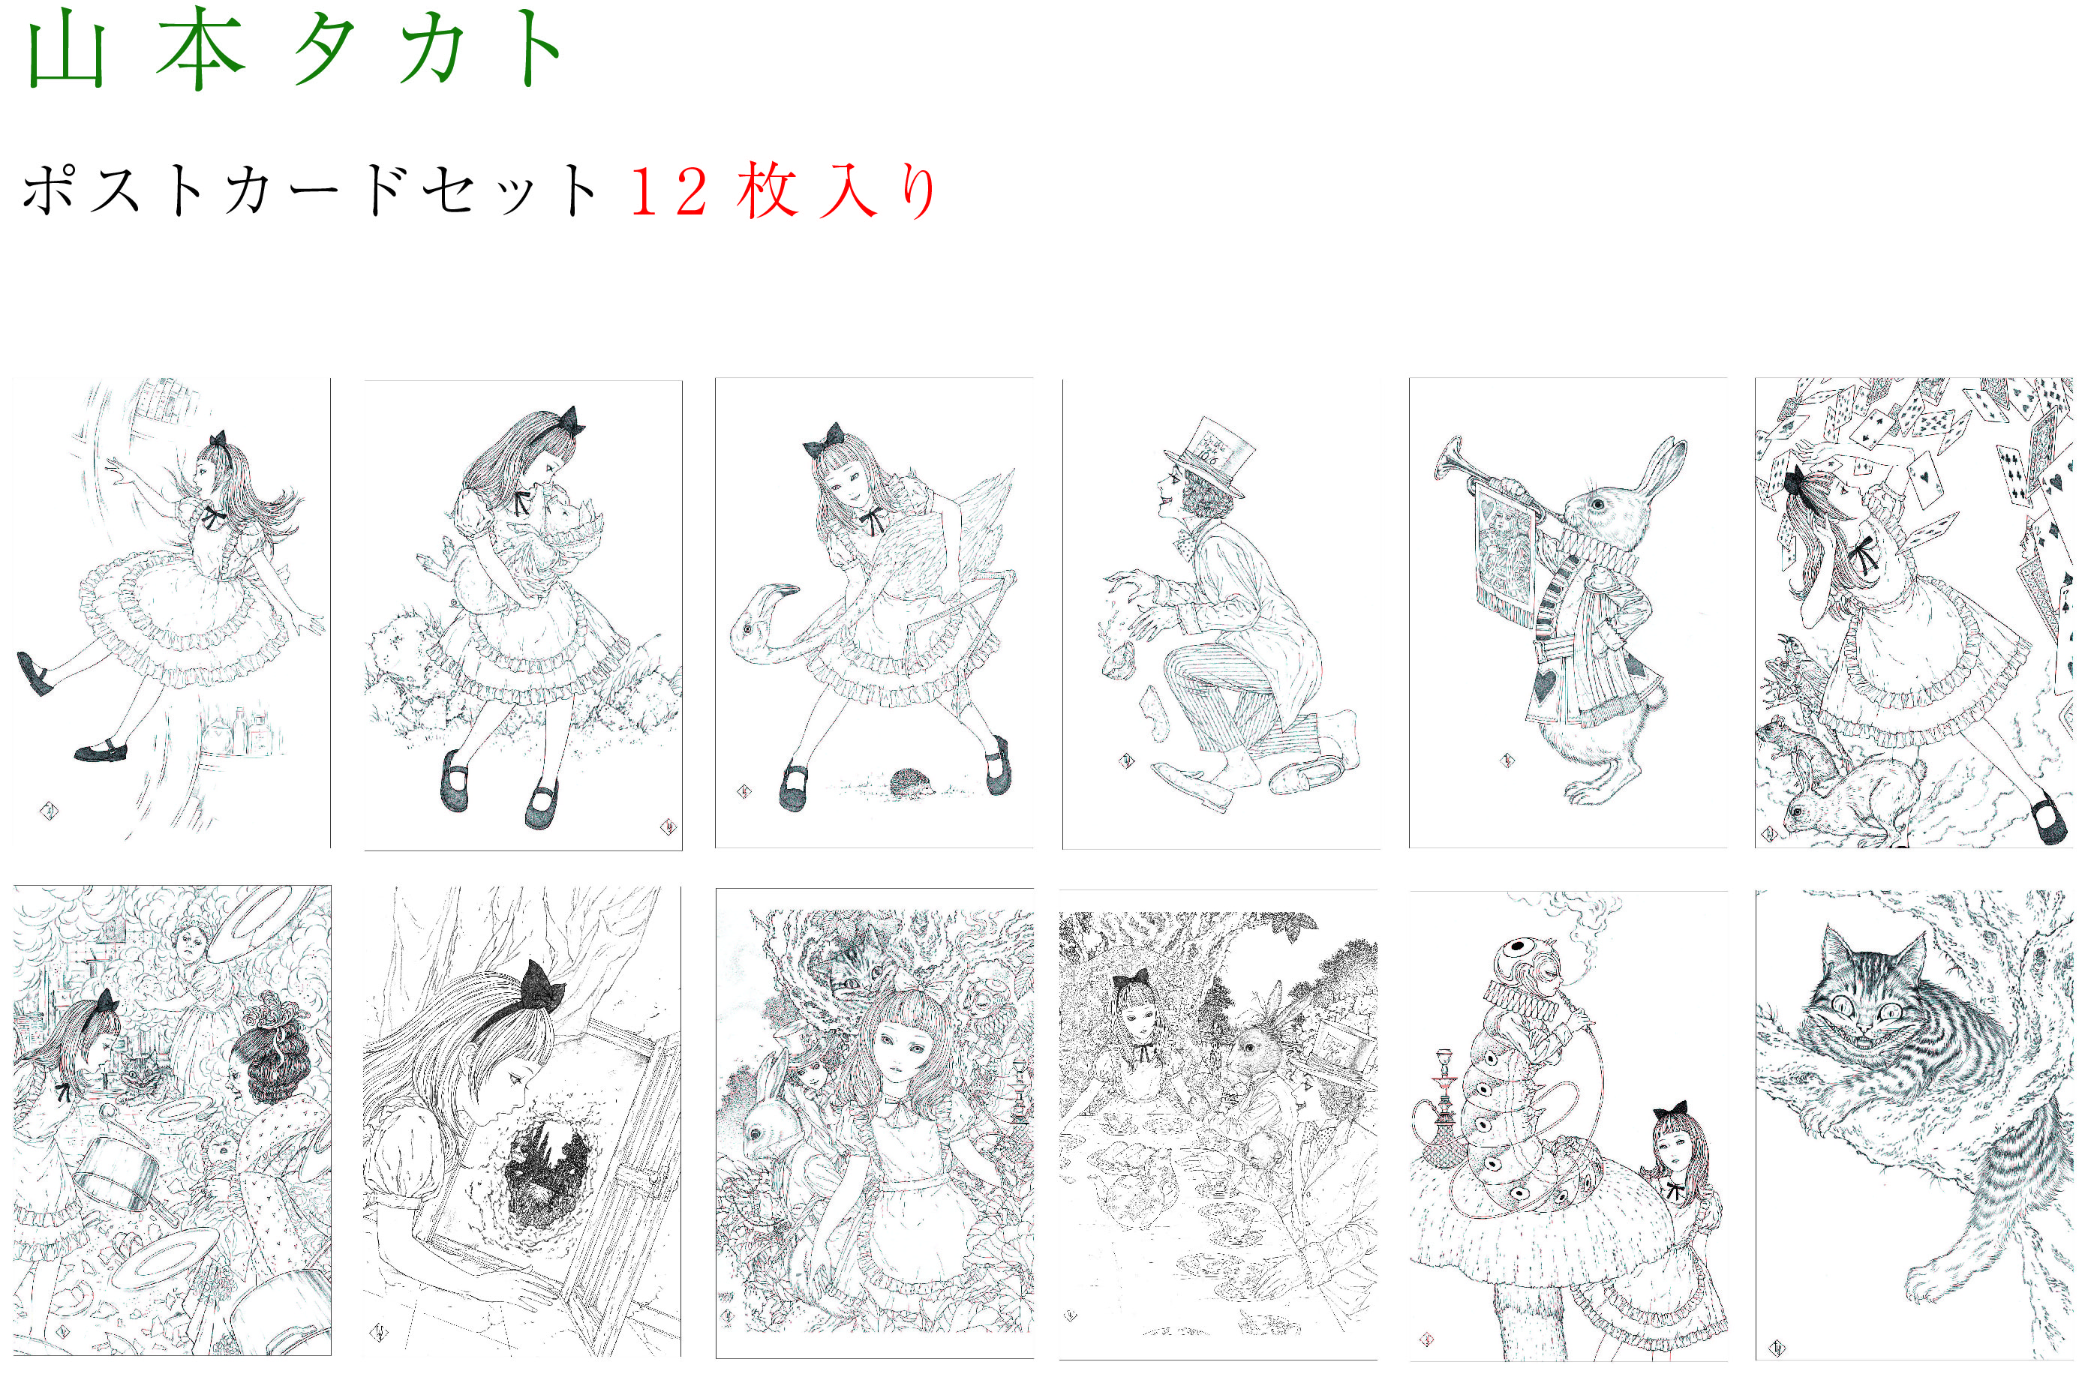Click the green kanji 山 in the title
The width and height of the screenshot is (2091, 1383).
tap(67, 53)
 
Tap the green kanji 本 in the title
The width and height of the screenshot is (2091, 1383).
tap(200, 49)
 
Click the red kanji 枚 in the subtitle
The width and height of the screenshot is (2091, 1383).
tap(767, 190)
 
